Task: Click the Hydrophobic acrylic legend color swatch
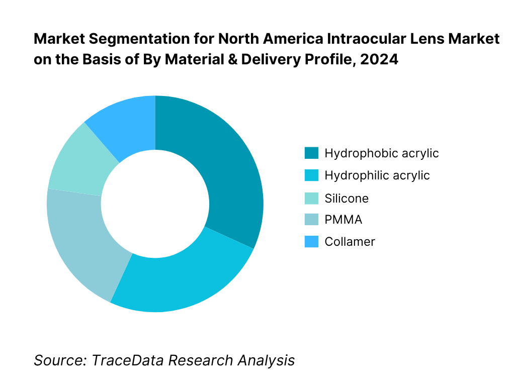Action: click(311, 153)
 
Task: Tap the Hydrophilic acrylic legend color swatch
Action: click(311, 175)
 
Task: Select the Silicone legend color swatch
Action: click(311, 198)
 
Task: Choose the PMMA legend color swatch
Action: click(311, 220)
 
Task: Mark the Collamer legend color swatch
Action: click(311, 242)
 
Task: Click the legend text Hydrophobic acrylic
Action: click(382, 153)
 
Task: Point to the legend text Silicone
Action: click(347, 199)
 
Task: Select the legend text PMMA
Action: click(344, 220)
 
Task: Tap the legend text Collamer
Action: click(350, 242)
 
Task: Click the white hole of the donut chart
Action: click(155, 204)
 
